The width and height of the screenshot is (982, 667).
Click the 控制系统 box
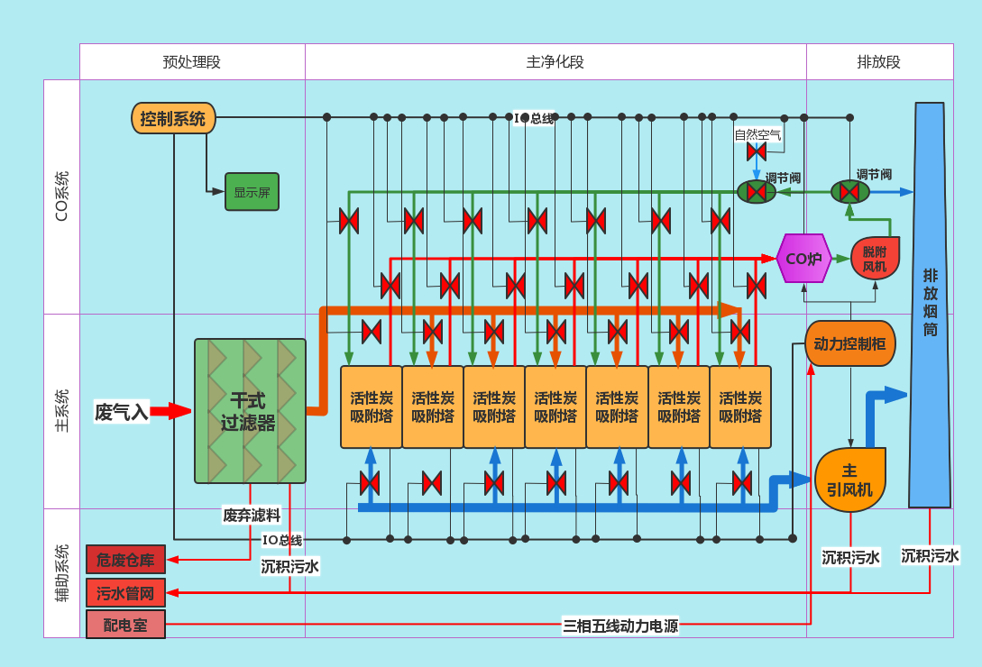tap(173, 118)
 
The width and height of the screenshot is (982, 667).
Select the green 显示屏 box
tap(252, 192)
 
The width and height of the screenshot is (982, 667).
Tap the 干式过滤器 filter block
tap(250, 411)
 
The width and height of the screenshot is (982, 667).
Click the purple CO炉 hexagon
tap(803, 259)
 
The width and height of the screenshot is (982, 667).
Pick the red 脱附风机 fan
tap(875, 259)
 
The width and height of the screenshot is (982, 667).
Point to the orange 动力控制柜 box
tap(849, 343)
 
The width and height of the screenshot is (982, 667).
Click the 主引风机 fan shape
tap(849, 480)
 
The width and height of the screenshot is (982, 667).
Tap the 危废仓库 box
tap(125, 560)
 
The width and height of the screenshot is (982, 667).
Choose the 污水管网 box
tap(125, 593)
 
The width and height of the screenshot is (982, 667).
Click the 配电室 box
tap(125, 625)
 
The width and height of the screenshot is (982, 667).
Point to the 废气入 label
tap(121, 412)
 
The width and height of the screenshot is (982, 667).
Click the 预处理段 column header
tap(192, 62)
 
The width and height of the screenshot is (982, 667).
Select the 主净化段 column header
tap(555, 62)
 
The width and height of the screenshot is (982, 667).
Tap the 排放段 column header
tap(879, 62)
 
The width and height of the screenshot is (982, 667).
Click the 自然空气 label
tap(757, 134)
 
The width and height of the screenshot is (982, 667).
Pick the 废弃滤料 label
tap(252, 516)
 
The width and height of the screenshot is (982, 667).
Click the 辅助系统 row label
tap(61, 572)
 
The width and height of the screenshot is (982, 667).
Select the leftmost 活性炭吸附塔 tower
tap(371, 407)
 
